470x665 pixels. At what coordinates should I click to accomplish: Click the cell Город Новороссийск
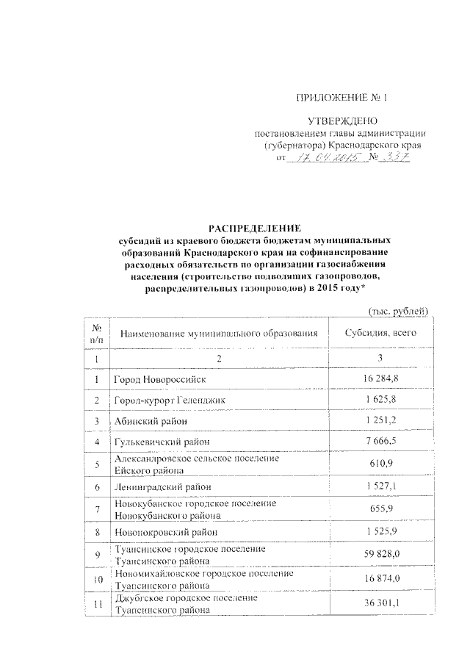159,379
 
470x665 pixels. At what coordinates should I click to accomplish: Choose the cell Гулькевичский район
162,442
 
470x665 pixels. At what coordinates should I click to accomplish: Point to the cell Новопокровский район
166,531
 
